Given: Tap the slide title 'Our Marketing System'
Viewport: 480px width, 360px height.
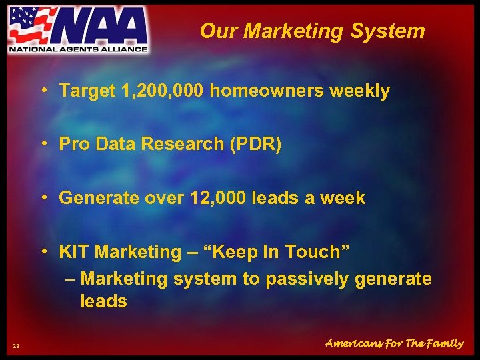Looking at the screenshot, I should pyautogui.click(x=312, y=31).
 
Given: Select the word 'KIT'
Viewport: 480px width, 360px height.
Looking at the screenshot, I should pyautogui.click(x=75, y=252).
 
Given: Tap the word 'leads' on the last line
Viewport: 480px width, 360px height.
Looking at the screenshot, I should pyautogui.click(x=103, y=301).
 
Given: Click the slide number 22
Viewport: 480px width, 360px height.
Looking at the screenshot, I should pyautogui.click(x=16, y=345).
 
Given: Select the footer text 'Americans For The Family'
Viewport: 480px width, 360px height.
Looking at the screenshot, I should pyautogui.click(x=394, y=343).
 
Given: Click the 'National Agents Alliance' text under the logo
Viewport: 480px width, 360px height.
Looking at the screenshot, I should pyautogui.click(x=77, y=49).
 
